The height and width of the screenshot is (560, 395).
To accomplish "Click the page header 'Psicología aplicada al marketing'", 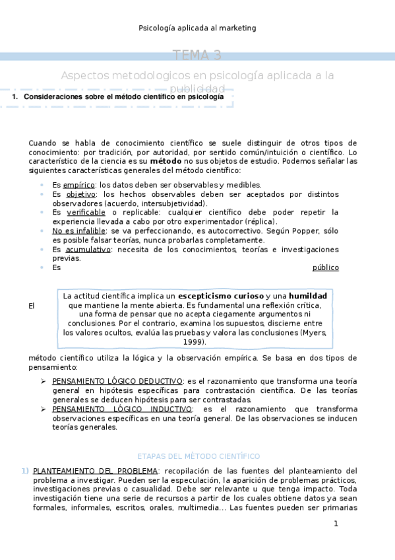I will tap(197, 28).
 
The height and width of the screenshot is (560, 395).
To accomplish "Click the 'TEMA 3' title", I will tap(197, 55).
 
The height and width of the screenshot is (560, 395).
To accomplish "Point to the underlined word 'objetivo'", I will tap(81, 194).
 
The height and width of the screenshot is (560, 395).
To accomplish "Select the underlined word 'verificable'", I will tap(86, 212).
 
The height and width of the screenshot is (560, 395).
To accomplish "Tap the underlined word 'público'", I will tap(325, 267).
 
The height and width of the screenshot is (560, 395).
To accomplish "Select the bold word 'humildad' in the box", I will tap(308, 296).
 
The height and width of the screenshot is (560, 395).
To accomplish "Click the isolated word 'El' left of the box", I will tap(32, 306).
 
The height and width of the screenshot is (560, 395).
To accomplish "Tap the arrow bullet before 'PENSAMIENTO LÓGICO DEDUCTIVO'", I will tap(43, 381).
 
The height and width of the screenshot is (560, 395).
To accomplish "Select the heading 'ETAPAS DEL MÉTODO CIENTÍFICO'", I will tap(198, 456).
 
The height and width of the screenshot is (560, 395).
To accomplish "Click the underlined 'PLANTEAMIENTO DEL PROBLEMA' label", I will tap(96, 471).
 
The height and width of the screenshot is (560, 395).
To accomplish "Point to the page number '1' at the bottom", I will tap(336, 524).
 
